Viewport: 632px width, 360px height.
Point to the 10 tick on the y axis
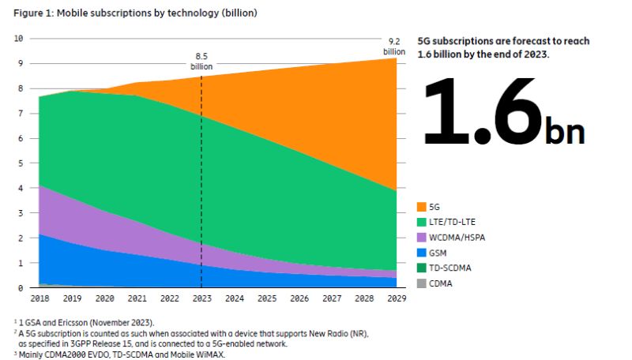coord(19,38)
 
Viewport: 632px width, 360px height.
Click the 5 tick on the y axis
coord(21,163)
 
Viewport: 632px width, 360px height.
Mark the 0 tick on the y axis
coord(21,288)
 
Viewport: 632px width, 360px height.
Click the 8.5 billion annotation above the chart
coord(202,62)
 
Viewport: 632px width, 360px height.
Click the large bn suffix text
coord(565,130)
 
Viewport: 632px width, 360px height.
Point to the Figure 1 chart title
coord(135,13)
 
